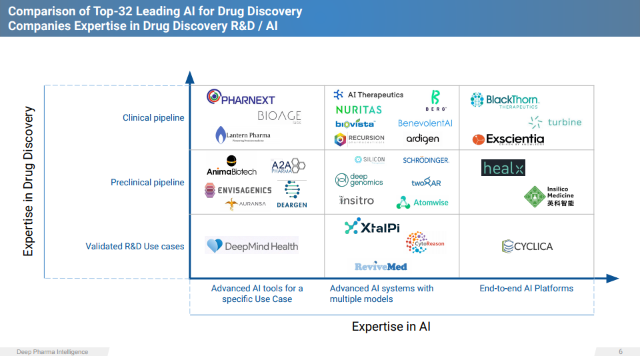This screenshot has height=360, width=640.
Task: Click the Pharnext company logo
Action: [x=241, y=98]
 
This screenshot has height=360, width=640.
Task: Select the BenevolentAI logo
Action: [x=425, y=123]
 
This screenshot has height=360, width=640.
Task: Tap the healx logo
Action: [x=503, y=168]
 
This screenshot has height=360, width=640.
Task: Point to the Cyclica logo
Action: [x=527, y=247]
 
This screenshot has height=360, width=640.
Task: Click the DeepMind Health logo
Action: [x=252, y=246]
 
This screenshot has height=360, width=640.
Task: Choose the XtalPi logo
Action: [x=372, y=227]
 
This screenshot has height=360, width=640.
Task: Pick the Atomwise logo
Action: [x=423, y=202]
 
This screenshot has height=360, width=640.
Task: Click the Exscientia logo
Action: [x=508, y=139]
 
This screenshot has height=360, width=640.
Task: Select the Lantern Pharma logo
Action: [x=243, y=135]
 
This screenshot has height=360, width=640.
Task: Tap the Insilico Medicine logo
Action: [x=549, y=196]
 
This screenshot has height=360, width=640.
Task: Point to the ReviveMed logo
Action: [x=381, y=267]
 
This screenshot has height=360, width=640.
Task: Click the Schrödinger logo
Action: [x=426, y=161]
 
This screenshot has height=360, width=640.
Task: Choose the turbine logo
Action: [x=555, y=122]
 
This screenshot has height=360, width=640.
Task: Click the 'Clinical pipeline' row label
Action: [x=153, y=118]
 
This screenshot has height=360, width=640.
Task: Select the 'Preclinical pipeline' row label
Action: [x=147, y=182]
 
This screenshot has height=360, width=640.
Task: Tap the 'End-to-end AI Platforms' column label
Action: [x=527, y=289]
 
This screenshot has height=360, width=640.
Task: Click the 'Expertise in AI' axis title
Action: [x=391, y=327]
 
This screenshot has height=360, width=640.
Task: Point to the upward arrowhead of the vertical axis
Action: [x=190, y=76]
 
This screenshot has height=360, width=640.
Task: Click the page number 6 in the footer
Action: [x=621, y=352]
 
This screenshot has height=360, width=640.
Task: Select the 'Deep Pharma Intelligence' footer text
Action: [x=52, y=352]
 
